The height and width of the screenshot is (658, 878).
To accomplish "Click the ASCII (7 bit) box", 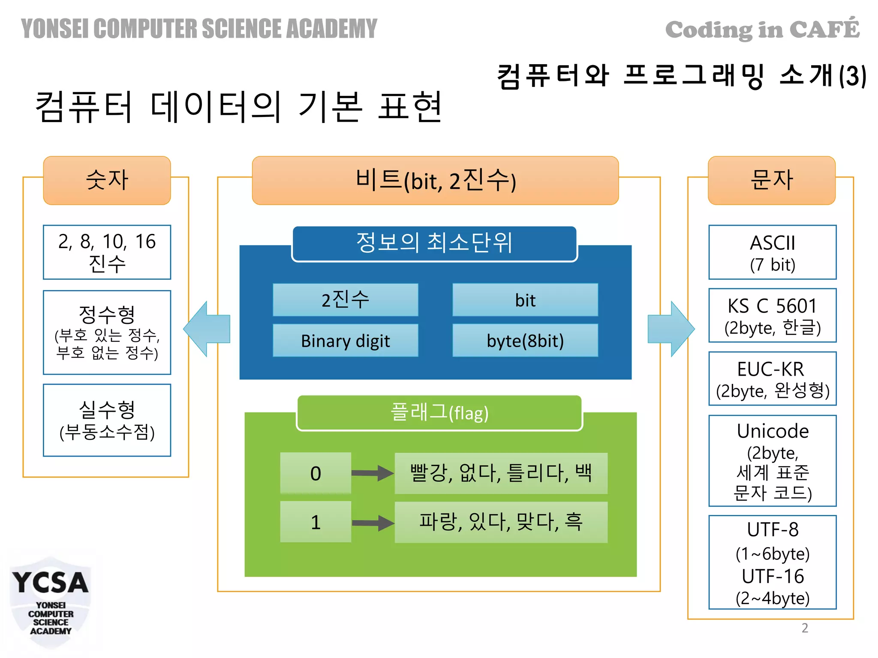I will click(772, 252).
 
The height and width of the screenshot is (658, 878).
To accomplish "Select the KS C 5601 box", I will click(772, 316).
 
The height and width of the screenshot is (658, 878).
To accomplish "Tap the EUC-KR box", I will click(772, 379).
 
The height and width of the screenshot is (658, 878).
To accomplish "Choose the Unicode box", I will click(772, 461).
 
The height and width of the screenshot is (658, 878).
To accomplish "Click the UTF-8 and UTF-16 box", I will click(772, 562).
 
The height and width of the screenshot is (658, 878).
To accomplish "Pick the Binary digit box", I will click(345, 341).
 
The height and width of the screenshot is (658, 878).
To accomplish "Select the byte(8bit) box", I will click(525, 341).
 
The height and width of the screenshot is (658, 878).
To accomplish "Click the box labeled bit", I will click(525, 300).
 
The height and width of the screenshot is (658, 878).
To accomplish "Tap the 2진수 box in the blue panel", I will click(345, 300).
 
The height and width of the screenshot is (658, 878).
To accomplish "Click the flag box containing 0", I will click(316, 473).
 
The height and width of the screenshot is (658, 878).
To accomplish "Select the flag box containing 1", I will click(316, 522).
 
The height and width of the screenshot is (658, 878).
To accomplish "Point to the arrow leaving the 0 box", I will click(372, 473).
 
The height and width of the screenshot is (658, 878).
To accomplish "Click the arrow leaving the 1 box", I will click(372, 523).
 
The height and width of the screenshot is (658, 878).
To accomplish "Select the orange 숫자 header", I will click(107, 180).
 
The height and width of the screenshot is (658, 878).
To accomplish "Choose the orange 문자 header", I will click(771, 180).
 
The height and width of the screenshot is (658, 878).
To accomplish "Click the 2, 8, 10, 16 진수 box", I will click(107, 252).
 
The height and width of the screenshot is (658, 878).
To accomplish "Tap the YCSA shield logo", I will click(50, 602).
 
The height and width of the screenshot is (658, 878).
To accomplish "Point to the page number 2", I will click(805, 628).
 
